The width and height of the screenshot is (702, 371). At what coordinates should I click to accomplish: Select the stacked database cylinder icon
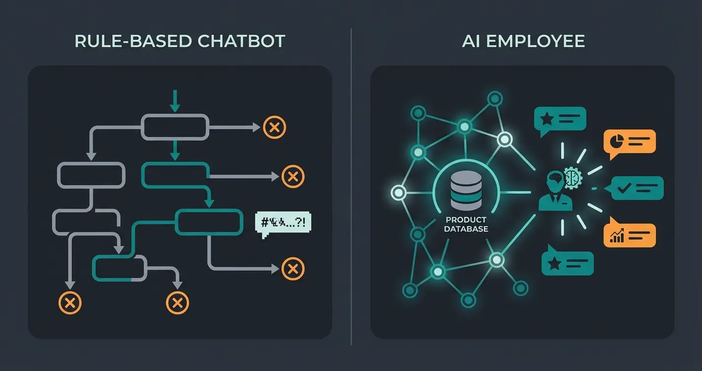point(465,192)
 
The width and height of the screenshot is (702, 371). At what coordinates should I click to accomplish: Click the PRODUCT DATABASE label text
point(465,224)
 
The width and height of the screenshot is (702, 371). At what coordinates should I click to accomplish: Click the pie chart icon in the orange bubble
point(615,142)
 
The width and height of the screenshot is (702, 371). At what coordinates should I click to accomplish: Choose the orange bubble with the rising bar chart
point(630,235)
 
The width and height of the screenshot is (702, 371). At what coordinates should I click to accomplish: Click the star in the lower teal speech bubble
point(554,263)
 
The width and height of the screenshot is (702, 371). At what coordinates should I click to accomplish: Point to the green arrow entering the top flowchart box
point(174,101)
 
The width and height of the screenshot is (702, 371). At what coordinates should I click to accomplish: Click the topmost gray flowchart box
point(174,127)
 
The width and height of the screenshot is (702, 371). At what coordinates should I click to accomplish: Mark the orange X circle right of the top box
point(275,127)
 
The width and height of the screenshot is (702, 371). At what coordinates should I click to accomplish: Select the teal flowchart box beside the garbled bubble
point(209,222)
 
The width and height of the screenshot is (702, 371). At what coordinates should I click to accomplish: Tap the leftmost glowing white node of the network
point(398,192)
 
